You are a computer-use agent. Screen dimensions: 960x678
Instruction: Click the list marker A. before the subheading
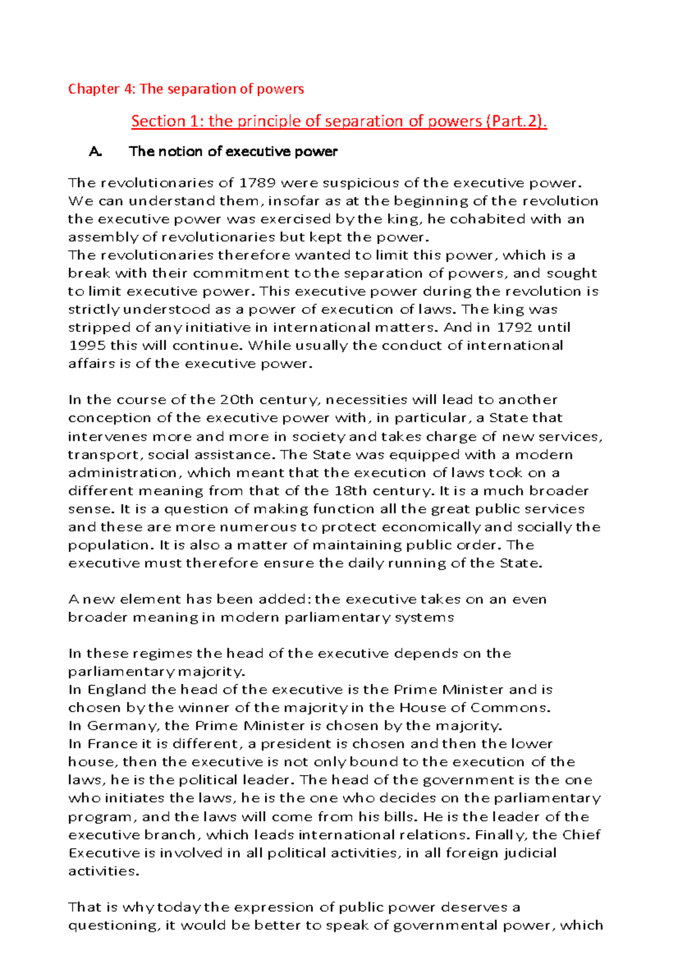tap(95, 152)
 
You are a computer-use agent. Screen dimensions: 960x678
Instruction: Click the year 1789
tap(258, 183)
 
